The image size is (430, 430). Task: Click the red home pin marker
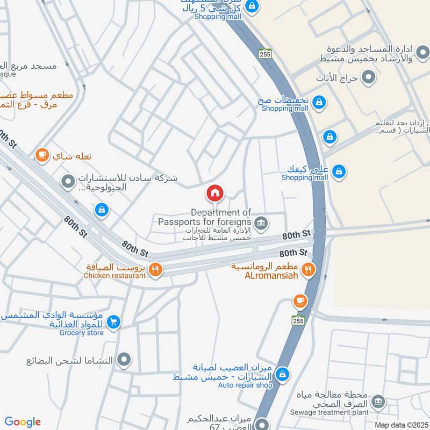(x=215, y=193)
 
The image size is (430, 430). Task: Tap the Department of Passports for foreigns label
(x=205, y=217)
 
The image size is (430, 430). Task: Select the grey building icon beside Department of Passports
(x=261, y=223)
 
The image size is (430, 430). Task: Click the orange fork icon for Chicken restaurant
(x=155, y=269)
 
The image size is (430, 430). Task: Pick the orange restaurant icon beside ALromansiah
(x=308, y=269)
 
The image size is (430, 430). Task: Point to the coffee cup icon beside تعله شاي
(x=41, y=155)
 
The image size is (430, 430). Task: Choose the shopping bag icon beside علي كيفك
(x=339, y=172)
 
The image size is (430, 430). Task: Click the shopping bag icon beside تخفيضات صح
(x=319, y=102)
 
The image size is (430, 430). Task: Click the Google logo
(x=23, y=422)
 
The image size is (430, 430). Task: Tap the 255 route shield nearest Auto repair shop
(x=298, y=320)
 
